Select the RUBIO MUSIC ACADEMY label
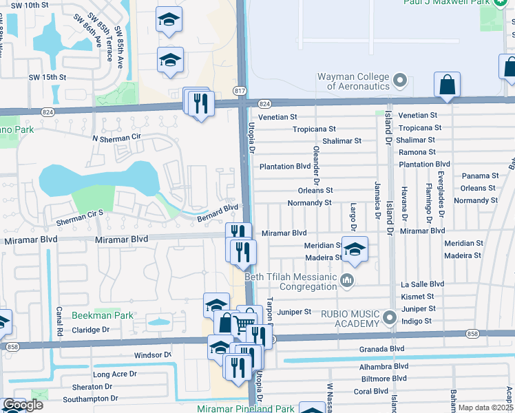tap(344, 318)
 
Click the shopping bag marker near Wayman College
tap(447, 85)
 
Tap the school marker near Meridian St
tap(355, 250)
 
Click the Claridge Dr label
tap(92, 330)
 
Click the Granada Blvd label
tap(381, 349)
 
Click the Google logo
tap(23, 405)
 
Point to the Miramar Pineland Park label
tap(256, 409)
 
